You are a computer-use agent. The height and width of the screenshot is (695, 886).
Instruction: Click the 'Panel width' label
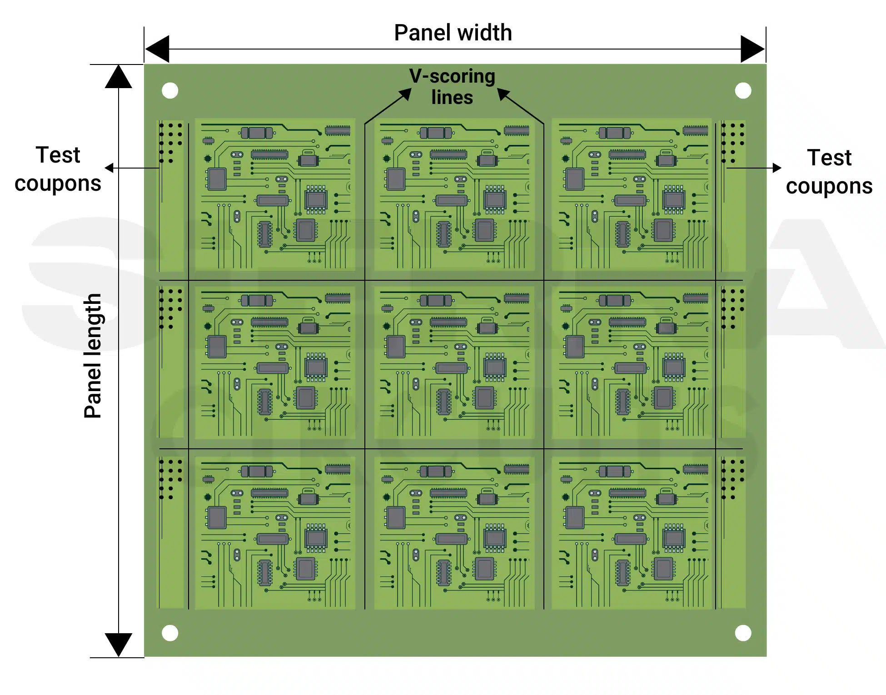453,33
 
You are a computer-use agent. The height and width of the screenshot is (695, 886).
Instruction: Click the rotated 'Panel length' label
93,356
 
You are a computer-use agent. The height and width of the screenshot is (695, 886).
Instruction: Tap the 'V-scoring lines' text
452,86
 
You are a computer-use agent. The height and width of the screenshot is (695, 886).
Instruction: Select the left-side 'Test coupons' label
58,169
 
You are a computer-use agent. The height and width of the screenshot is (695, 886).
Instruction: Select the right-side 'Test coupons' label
829,172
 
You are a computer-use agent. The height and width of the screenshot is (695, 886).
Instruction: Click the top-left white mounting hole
170,90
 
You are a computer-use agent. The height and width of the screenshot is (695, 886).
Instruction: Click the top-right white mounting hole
743,90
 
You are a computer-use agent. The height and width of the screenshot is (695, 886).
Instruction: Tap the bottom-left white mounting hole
170,633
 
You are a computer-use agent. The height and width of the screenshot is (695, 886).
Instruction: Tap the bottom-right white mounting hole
743,633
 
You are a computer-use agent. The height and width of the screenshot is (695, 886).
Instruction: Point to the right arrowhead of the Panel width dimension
753,49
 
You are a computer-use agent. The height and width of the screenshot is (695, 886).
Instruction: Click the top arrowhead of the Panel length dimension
119,76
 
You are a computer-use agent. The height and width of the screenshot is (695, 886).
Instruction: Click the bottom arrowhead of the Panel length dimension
119,645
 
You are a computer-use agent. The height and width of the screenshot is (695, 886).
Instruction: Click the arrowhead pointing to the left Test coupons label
109,168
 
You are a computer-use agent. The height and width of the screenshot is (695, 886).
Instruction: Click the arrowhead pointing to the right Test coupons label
777,168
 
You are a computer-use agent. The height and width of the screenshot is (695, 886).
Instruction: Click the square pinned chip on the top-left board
316,199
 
